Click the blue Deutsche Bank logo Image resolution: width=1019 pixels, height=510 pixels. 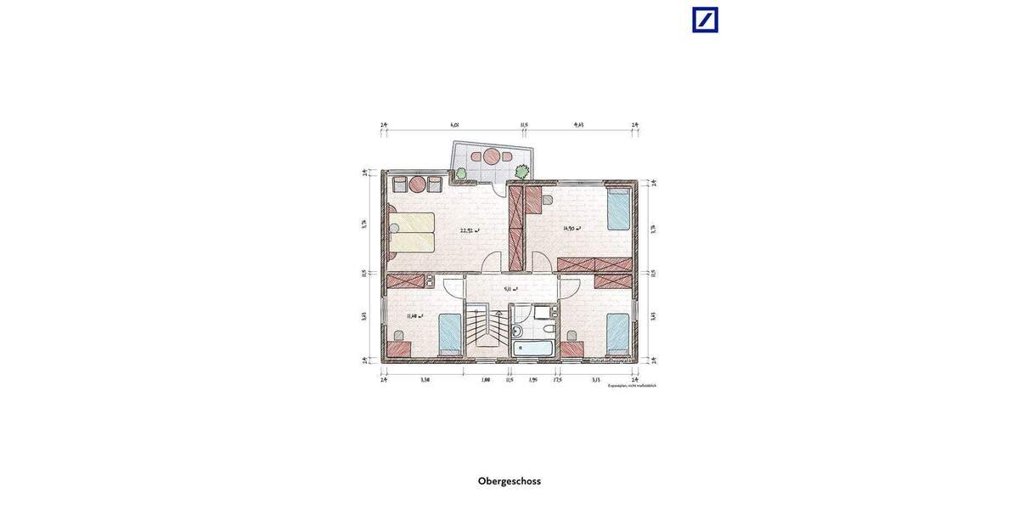[x=705, y=20]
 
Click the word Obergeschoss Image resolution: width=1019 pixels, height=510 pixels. [x=509, y=481]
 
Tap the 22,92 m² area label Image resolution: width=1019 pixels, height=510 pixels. [x=470, y=229]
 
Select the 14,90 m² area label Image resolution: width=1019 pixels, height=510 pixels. [x=571, y=228]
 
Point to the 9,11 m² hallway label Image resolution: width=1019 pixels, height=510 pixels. [x=510, y=289]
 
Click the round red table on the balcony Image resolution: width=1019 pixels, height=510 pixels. [x=493, y=156]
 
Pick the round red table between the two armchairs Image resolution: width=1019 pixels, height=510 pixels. [x=417, y=184]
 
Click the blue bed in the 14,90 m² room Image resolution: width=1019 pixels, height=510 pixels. [x=620, y=209]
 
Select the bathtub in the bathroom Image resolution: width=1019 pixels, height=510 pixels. [x=533, y=348]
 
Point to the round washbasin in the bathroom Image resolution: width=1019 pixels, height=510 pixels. [x=517, y=330]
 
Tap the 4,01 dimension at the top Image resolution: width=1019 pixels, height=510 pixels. [x=454, y=125]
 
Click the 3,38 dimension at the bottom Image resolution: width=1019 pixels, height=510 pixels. [x=425, y=380]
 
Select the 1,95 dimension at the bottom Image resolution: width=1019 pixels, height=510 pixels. [x=532, y=380]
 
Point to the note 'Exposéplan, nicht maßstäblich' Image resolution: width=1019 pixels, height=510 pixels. [x=632, y=386]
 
